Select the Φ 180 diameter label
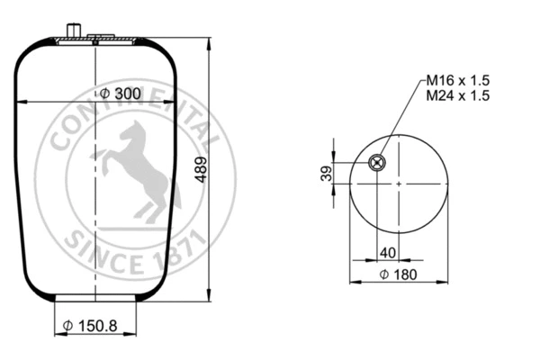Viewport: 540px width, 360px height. (398, 274)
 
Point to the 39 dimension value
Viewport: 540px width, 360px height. (327, 173)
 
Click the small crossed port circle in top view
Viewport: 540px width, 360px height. (376, 163)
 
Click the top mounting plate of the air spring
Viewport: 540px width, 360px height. (94, 40)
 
